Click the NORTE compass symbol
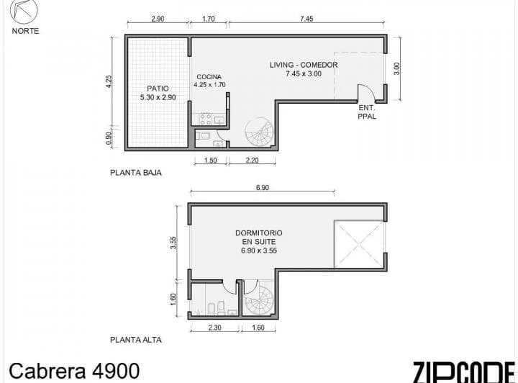(24, 11)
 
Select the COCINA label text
(209, 77)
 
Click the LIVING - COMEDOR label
(304, 65)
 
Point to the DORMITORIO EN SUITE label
(259, 238)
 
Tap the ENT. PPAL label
(367, 112)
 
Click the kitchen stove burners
(205, 120)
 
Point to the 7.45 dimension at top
(306, 19)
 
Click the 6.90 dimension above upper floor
(263, 187)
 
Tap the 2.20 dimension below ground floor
(252, 161)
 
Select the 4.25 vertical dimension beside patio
(109, 81)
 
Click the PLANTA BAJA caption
(136, 173)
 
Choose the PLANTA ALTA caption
(136, 340)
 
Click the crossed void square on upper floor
(359, 244)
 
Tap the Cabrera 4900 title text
(74, 371)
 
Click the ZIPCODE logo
(464, 372)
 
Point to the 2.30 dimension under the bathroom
(214, 328)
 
